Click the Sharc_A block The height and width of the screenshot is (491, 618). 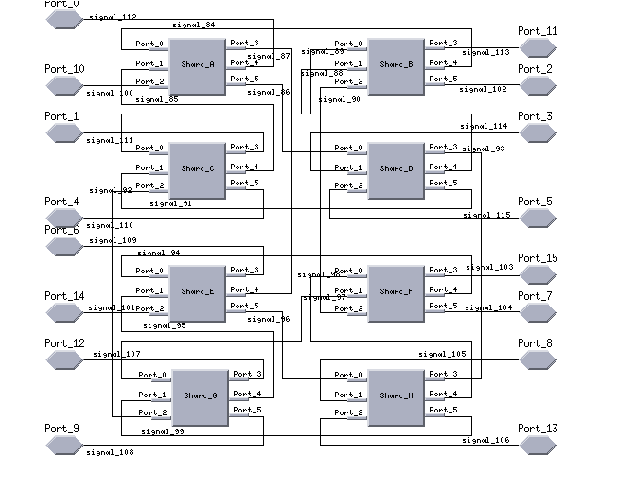pos(198,65)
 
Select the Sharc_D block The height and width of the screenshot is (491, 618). pos(397,169)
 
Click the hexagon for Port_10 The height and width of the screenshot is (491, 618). pos(64,86)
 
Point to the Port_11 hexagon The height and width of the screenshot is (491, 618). pos(537,48)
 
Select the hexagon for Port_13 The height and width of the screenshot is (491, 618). pos(537,446)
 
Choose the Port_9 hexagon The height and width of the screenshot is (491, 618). pos(64,446)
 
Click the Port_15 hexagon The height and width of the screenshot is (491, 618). pos(537,275)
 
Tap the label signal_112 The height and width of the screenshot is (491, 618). pos(112,17)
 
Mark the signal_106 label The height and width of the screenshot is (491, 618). pos(486,440)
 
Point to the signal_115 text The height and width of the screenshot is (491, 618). pos(486,216)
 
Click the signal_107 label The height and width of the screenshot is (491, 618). pos(116,355)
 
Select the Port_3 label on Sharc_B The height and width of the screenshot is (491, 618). pos(442,44)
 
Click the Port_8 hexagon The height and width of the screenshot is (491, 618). pos(537,360)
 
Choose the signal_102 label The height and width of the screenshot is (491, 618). pos(484,89)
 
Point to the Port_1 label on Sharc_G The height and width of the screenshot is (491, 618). pos(152,395)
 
